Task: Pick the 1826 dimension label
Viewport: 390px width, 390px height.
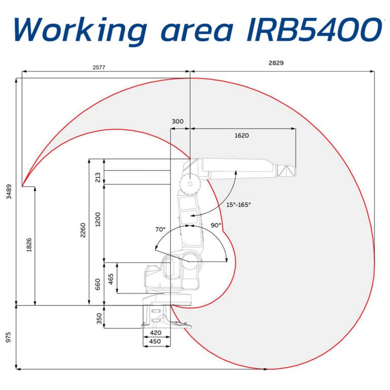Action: click(x=29, y=245)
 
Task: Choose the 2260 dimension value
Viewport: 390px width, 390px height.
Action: click(x=83, y=233)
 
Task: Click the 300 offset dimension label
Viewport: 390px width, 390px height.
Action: click(x=178, y=122)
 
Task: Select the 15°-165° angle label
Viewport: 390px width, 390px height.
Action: click(x=238, y=205)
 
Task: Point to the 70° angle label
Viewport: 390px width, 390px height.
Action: click(x=161, y=229)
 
